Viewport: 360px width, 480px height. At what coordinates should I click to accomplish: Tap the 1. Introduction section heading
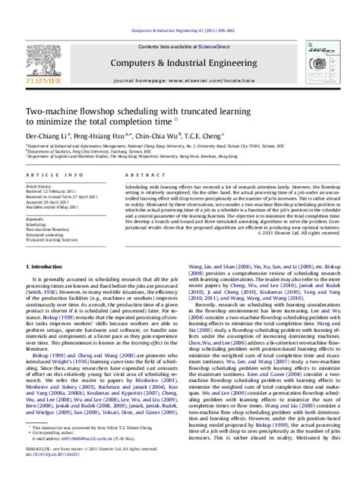tap(48, 289)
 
